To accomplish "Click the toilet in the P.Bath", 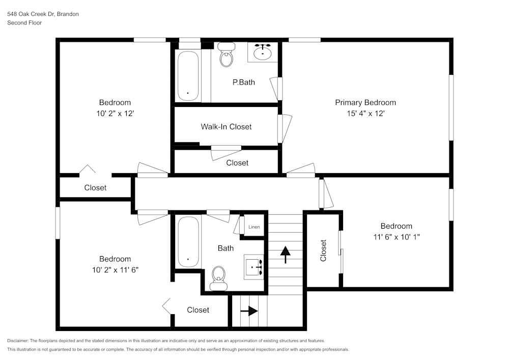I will [x=227, y=55].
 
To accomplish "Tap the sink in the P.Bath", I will [x=263, y=52].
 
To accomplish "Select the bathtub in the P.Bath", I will [x=188, y=76].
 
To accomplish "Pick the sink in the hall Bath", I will [x=253, y=265].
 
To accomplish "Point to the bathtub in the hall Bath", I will [x=188, y=242].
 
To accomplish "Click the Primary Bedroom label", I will [x=365, y=102].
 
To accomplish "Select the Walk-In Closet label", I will [x=226, y=126].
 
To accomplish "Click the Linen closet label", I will [x=254, y=227].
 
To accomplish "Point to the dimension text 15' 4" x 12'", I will [x=365, y=114].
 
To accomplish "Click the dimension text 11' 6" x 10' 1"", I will [x=396, y=237].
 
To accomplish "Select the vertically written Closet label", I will [x=323, y=251].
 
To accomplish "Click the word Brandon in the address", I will [x=68, y=14].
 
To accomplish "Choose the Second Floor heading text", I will [x=24, y=23].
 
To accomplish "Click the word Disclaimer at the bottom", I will [x=18, y=341].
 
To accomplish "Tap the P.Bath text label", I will [x=244, y=82].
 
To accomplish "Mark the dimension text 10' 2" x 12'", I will [x=115, y=114].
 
